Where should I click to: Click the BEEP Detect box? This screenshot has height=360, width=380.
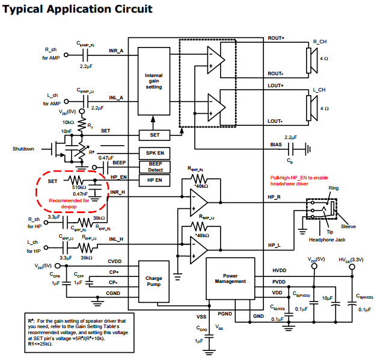tap(155, 167)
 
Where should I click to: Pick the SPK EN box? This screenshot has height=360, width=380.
tap(155, 153)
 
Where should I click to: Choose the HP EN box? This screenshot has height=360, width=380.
tap(155, 180)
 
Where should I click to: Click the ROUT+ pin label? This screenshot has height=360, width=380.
tap(275, 38)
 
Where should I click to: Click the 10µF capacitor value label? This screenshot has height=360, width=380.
tap(327, 298)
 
